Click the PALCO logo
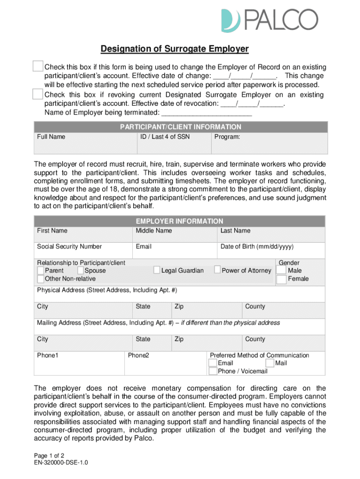[269, 20]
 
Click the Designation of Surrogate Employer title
[175, 49]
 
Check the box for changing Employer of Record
[38, 67]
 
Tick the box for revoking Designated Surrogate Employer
[38, 94]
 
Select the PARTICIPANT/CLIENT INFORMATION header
[180, 127]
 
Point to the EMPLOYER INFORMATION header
[180, 221]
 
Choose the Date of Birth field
[271, 250]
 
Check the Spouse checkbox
[80, 270]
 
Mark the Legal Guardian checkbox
[157, 270]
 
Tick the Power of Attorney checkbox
[217, 270]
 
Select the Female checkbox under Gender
[281, 279]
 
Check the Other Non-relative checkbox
[41, 279]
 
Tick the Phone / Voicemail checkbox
[213, 371]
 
